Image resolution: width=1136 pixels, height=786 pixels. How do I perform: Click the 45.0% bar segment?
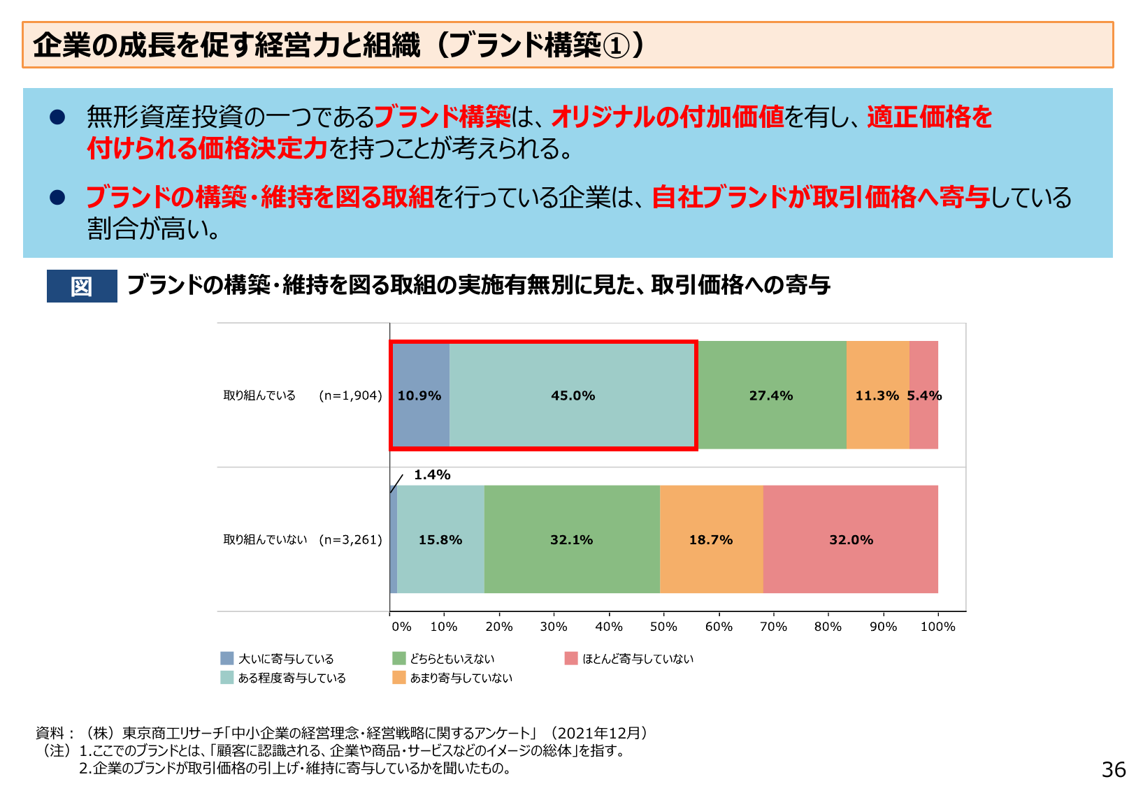(573, 395)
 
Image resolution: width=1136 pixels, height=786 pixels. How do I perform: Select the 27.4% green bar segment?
(771, 395)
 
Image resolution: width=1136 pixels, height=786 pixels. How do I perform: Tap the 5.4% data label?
(924, 395)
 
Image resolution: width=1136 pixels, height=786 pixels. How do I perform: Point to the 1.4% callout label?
(432, 475)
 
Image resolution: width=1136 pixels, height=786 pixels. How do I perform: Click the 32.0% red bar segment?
(851, 539)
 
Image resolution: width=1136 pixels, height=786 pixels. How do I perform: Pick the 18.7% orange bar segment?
(711, 539)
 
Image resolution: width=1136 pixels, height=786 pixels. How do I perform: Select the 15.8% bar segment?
(440, 539)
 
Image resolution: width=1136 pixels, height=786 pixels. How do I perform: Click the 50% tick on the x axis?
(663, 627)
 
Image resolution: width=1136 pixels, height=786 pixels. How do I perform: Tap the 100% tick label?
(937, 627)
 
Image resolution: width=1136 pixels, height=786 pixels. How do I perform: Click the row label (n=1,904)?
(350, 395)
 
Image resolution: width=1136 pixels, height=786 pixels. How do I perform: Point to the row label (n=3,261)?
(350, 539)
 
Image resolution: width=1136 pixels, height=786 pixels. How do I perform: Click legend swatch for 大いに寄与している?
(227, 658)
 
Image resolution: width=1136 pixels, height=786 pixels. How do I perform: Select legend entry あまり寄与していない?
(461, 678)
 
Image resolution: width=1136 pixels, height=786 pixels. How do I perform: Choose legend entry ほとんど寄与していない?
(638, 658)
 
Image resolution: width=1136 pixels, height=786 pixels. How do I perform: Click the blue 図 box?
(82, 286)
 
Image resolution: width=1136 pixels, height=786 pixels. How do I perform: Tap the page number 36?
(1114, 769)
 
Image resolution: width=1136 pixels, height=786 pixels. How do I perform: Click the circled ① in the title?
(616, 46)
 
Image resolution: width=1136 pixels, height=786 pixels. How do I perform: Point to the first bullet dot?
(57, 117)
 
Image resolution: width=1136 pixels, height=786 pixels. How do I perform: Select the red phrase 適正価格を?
(929, 117)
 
